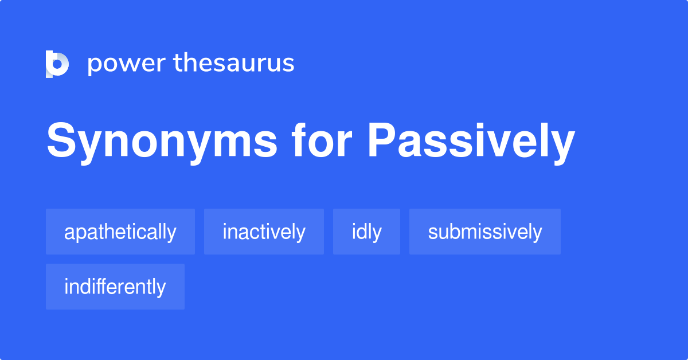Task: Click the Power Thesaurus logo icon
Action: (x=57, y=64)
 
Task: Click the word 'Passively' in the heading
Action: (x=471, y=142)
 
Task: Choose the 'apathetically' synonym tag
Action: (x=120, y=232)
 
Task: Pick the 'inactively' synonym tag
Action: (x=264, y=232)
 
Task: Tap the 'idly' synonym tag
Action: (x=366, y=232)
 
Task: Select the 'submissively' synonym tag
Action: (x=484, y=232)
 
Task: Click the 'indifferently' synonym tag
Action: (x=115, y=287)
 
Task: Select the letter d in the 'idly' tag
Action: (x=362, y=232)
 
